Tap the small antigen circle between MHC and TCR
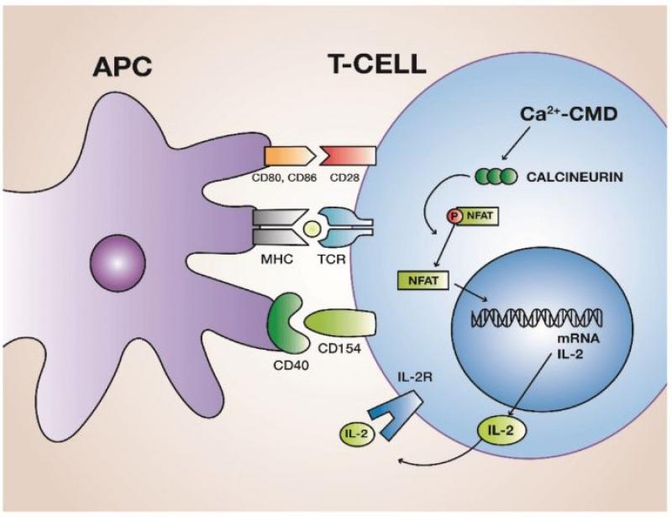[x=312, y=228]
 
